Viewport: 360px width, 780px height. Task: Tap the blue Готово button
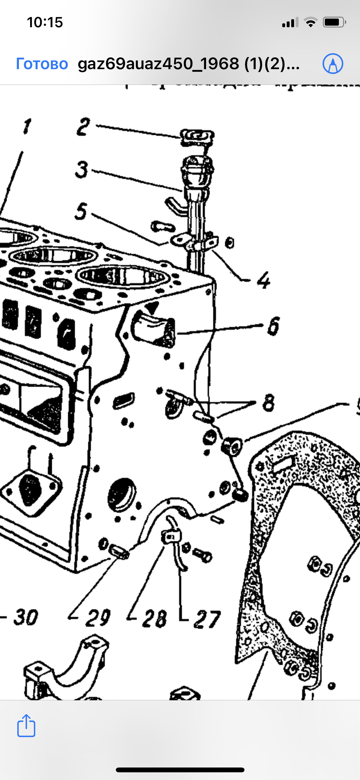pyautogui.click(x=42, y=64)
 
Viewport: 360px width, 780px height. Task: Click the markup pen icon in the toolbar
pyautogui.click(x=332, y=63)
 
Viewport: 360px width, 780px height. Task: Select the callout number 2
pyautogui.click(x=83, y=127)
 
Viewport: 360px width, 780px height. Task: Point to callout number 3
pyautogui.click(x=82, y=169)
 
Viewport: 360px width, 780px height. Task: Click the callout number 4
pyautogui.click(x=264, y=280)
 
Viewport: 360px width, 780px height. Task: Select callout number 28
pyautogui.click(x=154, y=618)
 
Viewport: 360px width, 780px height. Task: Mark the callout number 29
pyautogui.click(x=98, y=618)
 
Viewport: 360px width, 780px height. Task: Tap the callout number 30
pyautogui.click(x=26, y=617)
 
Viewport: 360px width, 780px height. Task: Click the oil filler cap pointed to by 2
pyautogui.click(x=197, y=137)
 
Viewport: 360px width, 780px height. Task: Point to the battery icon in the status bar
pyautogui.click(x=334, y=22)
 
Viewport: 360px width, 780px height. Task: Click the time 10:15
pyautogui.click(x=45, y=22)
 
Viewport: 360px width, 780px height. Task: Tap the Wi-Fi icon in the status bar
pyautogui.click(x=310, y=22)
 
